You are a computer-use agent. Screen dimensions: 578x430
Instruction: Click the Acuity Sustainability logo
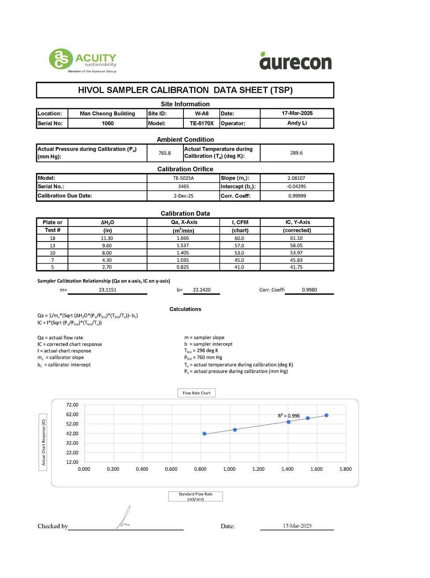click(82, 60)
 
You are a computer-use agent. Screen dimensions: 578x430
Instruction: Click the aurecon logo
click(295, 61)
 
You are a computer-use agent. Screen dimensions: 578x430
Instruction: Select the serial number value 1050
click(108, 124)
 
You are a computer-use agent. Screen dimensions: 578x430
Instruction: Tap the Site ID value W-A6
click(202, 113)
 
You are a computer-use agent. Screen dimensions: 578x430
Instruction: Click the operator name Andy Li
click(297, 123)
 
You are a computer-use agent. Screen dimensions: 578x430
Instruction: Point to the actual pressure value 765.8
click(165, 153)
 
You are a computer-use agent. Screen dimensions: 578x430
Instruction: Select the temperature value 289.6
click(296, 153)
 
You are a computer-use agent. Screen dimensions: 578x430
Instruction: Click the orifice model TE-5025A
click(183, 178)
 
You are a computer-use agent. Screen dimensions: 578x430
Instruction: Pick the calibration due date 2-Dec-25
click(183, 196)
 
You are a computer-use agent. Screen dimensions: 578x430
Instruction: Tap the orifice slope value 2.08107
click(296, 178)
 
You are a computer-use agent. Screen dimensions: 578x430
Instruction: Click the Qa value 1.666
click(183, 238)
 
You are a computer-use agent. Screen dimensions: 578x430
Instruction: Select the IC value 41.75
click(296, 267)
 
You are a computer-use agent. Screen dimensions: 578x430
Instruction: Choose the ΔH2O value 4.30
click(107, 260)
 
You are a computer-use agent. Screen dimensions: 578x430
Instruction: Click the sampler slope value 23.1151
click(108, 290)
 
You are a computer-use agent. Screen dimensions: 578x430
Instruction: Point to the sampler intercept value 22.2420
click(202, 290)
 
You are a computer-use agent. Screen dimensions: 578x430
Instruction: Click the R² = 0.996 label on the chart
click(289, 416)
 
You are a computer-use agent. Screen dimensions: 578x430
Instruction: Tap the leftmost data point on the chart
click(204, 434)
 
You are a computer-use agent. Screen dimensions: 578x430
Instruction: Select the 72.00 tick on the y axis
click(72, 405)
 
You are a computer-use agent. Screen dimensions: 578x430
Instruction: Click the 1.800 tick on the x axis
click(345, 469)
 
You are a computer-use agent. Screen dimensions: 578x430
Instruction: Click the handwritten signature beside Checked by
click(124, 518)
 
